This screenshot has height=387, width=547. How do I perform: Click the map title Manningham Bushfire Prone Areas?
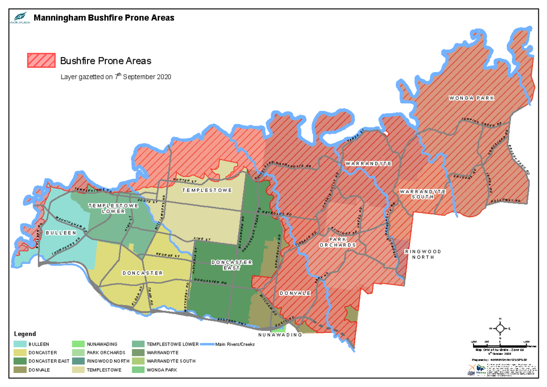coord(104,18)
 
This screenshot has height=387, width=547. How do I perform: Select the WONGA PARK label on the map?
coord(471,98)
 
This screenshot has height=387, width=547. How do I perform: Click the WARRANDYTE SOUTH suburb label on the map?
coord(422,195)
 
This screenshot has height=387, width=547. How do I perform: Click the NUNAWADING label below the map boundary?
coord(280,335)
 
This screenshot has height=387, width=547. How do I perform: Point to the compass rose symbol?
coord(500,328)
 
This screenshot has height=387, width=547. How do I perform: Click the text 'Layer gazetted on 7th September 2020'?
coord(116,77)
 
